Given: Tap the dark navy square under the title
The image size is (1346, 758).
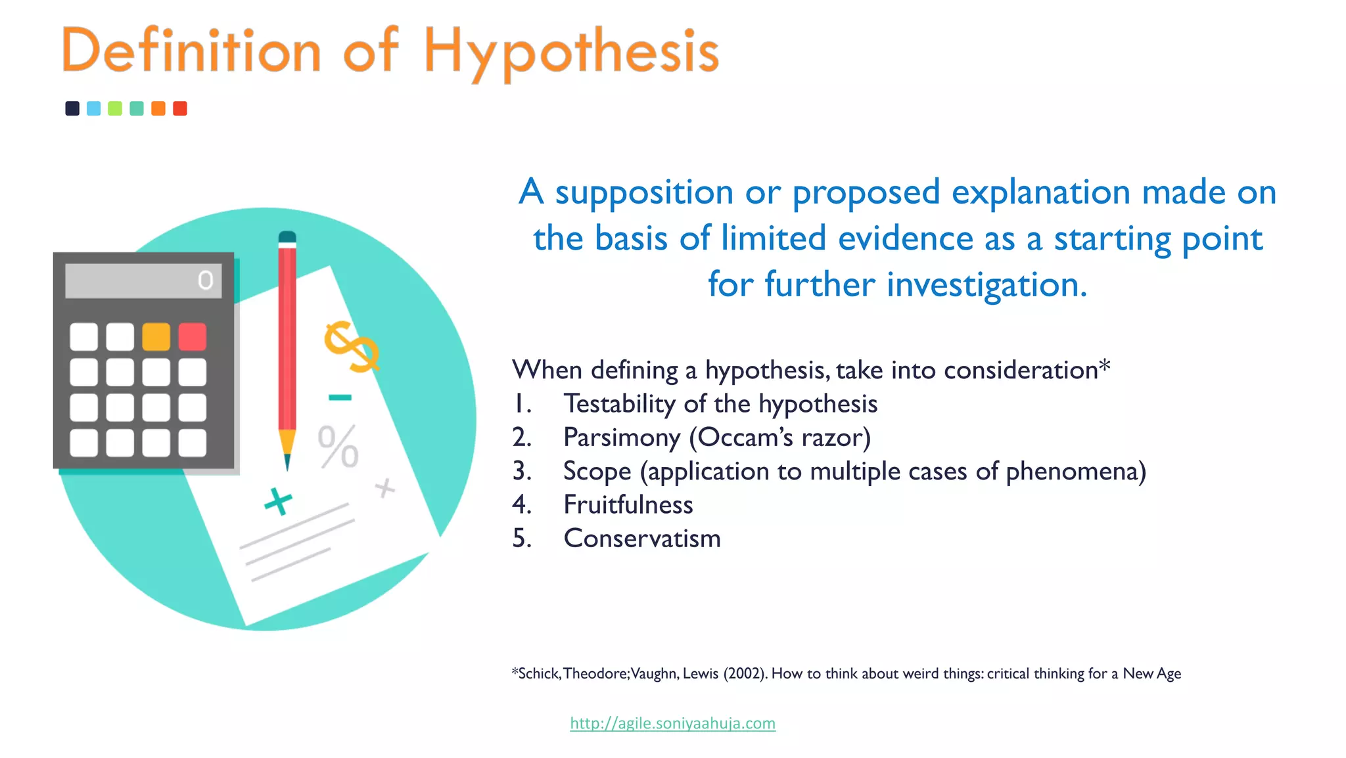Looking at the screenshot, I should [x=72, y=108].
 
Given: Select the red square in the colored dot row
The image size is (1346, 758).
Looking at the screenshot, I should [x=180, y=108].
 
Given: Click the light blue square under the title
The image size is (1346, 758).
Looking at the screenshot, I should [x=94, y=108].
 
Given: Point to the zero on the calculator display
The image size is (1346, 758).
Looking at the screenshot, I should [x=206, y=280].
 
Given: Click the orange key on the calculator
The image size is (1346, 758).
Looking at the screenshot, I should [x=156, y=337].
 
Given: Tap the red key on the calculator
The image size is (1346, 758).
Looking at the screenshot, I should [x=193, y=337].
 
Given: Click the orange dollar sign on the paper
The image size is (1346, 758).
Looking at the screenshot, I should [x=352, y=346].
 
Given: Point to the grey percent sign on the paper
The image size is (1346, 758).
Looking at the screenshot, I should [x=338, y=447].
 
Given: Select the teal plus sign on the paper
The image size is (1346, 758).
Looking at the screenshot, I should [x=278, y=502].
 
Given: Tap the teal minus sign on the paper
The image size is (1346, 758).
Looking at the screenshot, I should [x=340, y=397].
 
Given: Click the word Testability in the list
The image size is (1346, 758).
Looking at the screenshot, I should [x=619, y=404].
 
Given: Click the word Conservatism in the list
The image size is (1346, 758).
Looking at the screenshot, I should [x=641, y=539].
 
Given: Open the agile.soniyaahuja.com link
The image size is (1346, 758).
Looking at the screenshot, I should [x=672, y=723].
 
